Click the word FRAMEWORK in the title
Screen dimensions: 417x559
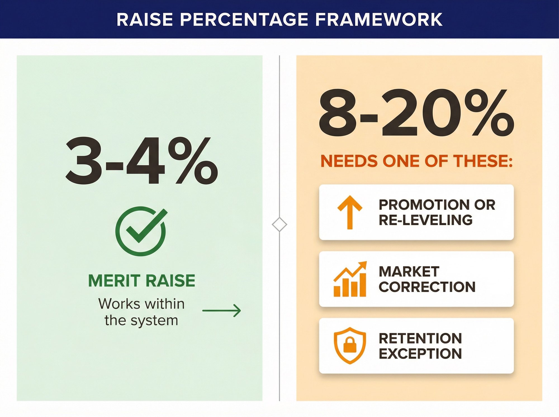[x=379, y=20]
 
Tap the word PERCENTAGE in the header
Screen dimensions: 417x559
[x=244, y=20]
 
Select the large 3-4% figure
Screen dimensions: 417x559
[x=141, y=161]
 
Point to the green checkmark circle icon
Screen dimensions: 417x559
[x=141, y=231]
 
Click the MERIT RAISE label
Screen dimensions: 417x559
[x=141, y=281]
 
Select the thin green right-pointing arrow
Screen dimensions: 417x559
[x=221, y=311]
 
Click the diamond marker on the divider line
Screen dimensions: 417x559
[x=279, y=224]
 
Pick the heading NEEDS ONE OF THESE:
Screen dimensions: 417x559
[x=416, y=161]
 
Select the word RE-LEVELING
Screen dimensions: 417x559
[x=425, y=220]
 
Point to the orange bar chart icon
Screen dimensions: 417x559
[x=350, y=279]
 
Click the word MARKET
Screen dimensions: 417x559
[x=409, y=271]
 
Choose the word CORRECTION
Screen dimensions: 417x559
[x=427, y=287]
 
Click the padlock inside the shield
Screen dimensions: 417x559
[x=349, y=346]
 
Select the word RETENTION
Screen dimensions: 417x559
[x=420, y=338]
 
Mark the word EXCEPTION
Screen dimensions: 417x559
[x=420, y=354]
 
